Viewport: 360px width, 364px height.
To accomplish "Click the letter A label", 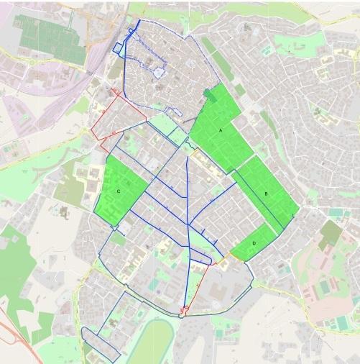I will (x=221, y=129).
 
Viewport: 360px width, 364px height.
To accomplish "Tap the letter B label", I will (x=267, y=194).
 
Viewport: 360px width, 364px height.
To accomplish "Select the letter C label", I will (x=118, y=191).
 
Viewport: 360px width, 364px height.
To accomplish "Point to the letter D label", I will (x=254, y=243).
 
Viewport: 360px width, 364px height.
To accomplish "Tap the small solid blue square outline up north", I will (x=118, y=48).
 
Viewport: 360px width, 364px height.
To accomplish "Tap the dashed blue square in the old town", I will (x=160, y=70).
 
